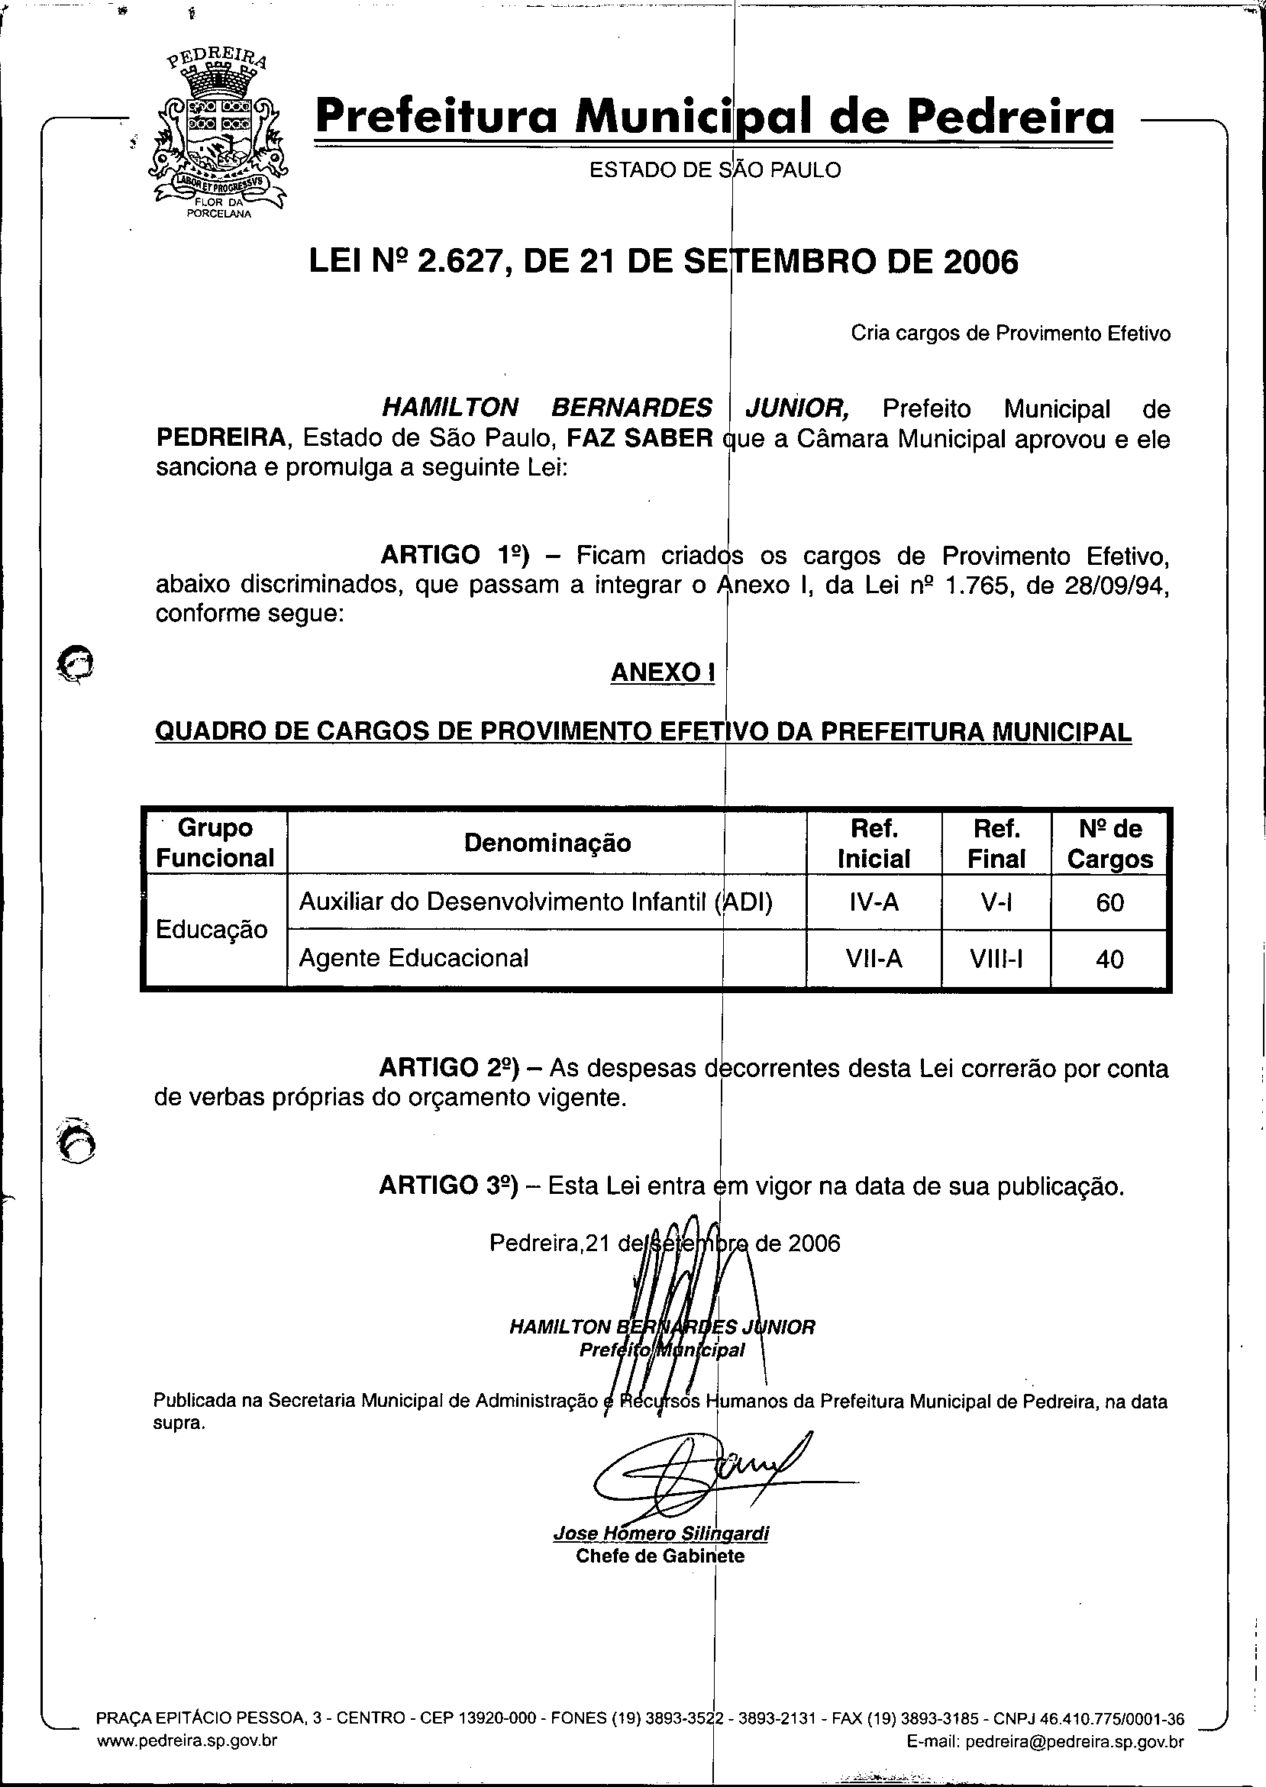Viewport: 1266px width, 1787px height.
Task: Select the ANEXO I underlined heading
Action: point(663,673)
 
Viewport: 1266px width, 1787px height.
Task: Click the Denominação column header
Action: point(547,844)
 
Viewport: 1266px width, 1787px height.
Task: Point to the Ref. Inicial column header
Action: point(873,844)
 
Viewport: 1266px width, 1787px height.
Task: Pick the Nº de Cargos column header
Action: point(1109,844)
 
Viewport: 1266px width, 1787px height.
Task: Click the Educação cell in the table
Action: point(212,930)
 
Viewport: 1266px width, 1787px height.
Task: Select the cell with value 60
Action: point(1109,902)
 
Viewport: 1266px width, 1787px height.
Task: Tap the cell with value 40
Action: point(1109,959)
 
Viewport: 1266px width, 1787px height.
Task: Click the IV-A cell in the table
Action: point(873,902)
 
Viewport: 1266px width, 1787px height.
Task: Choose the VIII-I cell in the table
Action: point(996,959)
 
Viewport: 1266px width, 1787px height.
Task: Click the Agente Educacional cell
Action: point(414,958)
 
